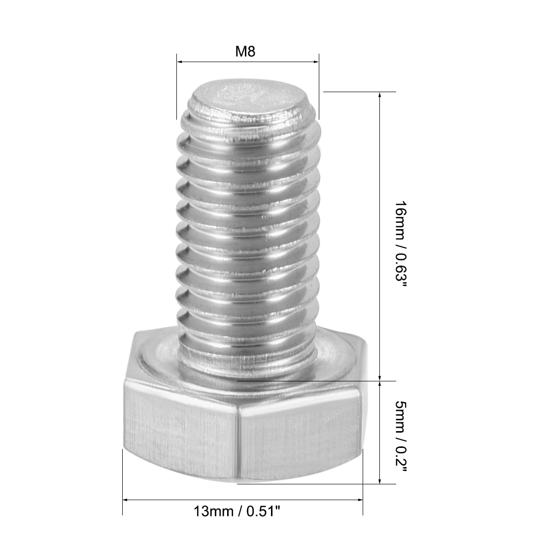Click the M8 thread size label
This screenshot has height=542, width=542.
pos(245,51)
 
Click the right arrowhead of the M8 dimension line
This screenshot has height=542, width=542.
pos(316,62)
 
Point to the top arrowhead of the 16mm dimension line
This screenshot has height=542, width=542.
pos(380,95)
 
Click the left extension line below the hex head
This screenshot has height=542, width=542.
pos(122,483)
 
